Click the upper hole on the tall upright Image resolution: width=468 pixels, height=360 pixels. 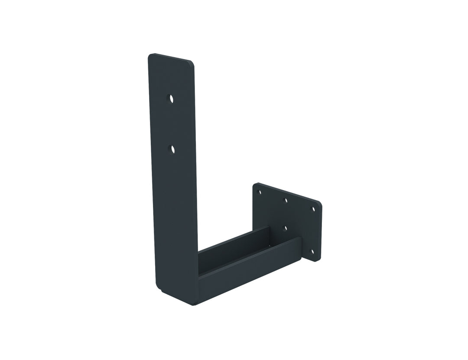click(171, 98)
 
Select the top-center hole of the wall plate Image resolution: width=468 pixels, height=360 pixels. click(285, 200)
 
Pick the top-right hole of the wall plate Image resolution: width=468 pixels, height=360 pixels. click(313, 209)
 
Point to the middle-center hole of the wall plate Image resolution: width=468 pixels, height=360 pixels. click(285, 227)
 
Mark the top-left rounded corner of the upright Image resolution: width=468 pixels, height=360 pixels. click(150, 56)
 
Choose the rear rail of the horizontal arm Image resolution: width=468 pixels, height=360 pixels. click(234, 244)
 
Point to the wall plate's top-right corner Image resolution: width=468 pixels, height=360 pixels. click(319, 204)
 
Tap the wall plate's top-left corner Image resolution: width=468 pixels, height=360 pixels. click(255, 185)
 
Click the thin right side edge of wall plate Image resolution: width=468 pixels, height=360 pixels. click(321, 232)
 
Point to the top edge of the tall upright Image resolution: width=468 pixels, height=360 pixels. click(171, 58)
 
